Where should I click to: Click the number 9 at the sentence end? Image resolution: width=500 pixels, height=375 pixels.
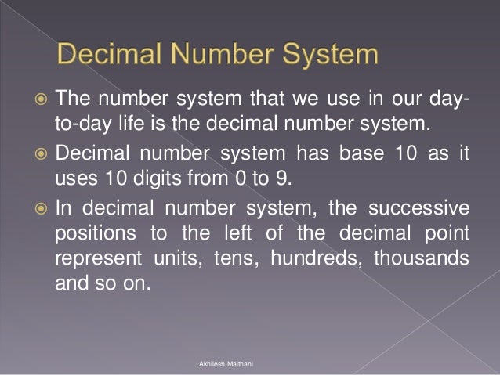click(280, 177)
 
